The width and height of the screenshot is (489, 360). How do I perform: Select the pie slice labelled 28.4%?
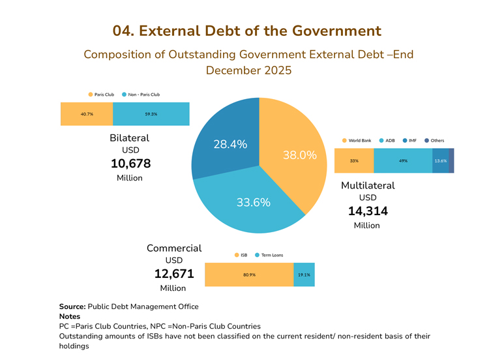click(x=225, y=140)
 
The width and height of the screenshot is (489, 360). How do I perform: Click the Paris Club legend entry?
click(x=100, y=95)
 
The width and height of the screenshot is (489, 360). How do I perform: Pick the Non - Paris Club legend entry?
click(x=140, y=95)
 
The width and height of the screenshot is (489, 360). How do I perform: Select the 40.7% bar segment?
click(x=87, y=114)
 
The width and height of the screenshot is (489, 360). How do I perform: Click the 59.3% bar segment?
click(x=151, y=114)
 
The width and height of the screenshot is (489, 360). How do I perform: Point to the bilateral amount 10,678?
click(x=129, y=162)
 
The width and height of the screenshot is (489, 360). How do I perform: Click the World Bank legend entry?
click(x=356, y=140)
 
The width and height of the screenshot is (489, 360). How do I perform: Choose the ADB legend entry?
click(x=387, y=140)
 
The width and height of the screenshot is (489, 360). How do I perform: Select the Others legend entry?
click(x=434, y=140)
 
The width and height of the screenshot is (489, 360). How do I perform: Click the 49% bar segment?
click(x=403, y=161)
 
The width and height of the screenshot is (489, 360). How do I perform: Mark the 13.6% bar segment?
click(x=440, y=161)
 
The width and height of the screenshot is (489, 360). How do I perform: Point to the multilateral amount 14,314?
click(x=368, y=211)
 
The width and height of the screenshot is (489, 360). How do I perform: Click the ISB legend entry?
click(x=241, y=254)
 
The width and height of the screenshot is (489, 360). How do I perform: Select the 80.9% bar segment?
click(x=249, y=275)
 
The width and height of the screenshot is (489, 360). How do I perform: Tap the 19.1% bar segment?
click(x=304, y=275)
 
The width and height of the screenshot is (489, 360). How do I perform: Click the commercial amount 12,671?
click(x=174, y=274)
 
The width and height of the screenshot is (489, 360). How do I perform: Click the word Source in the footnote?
click(x=72, y=307)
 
